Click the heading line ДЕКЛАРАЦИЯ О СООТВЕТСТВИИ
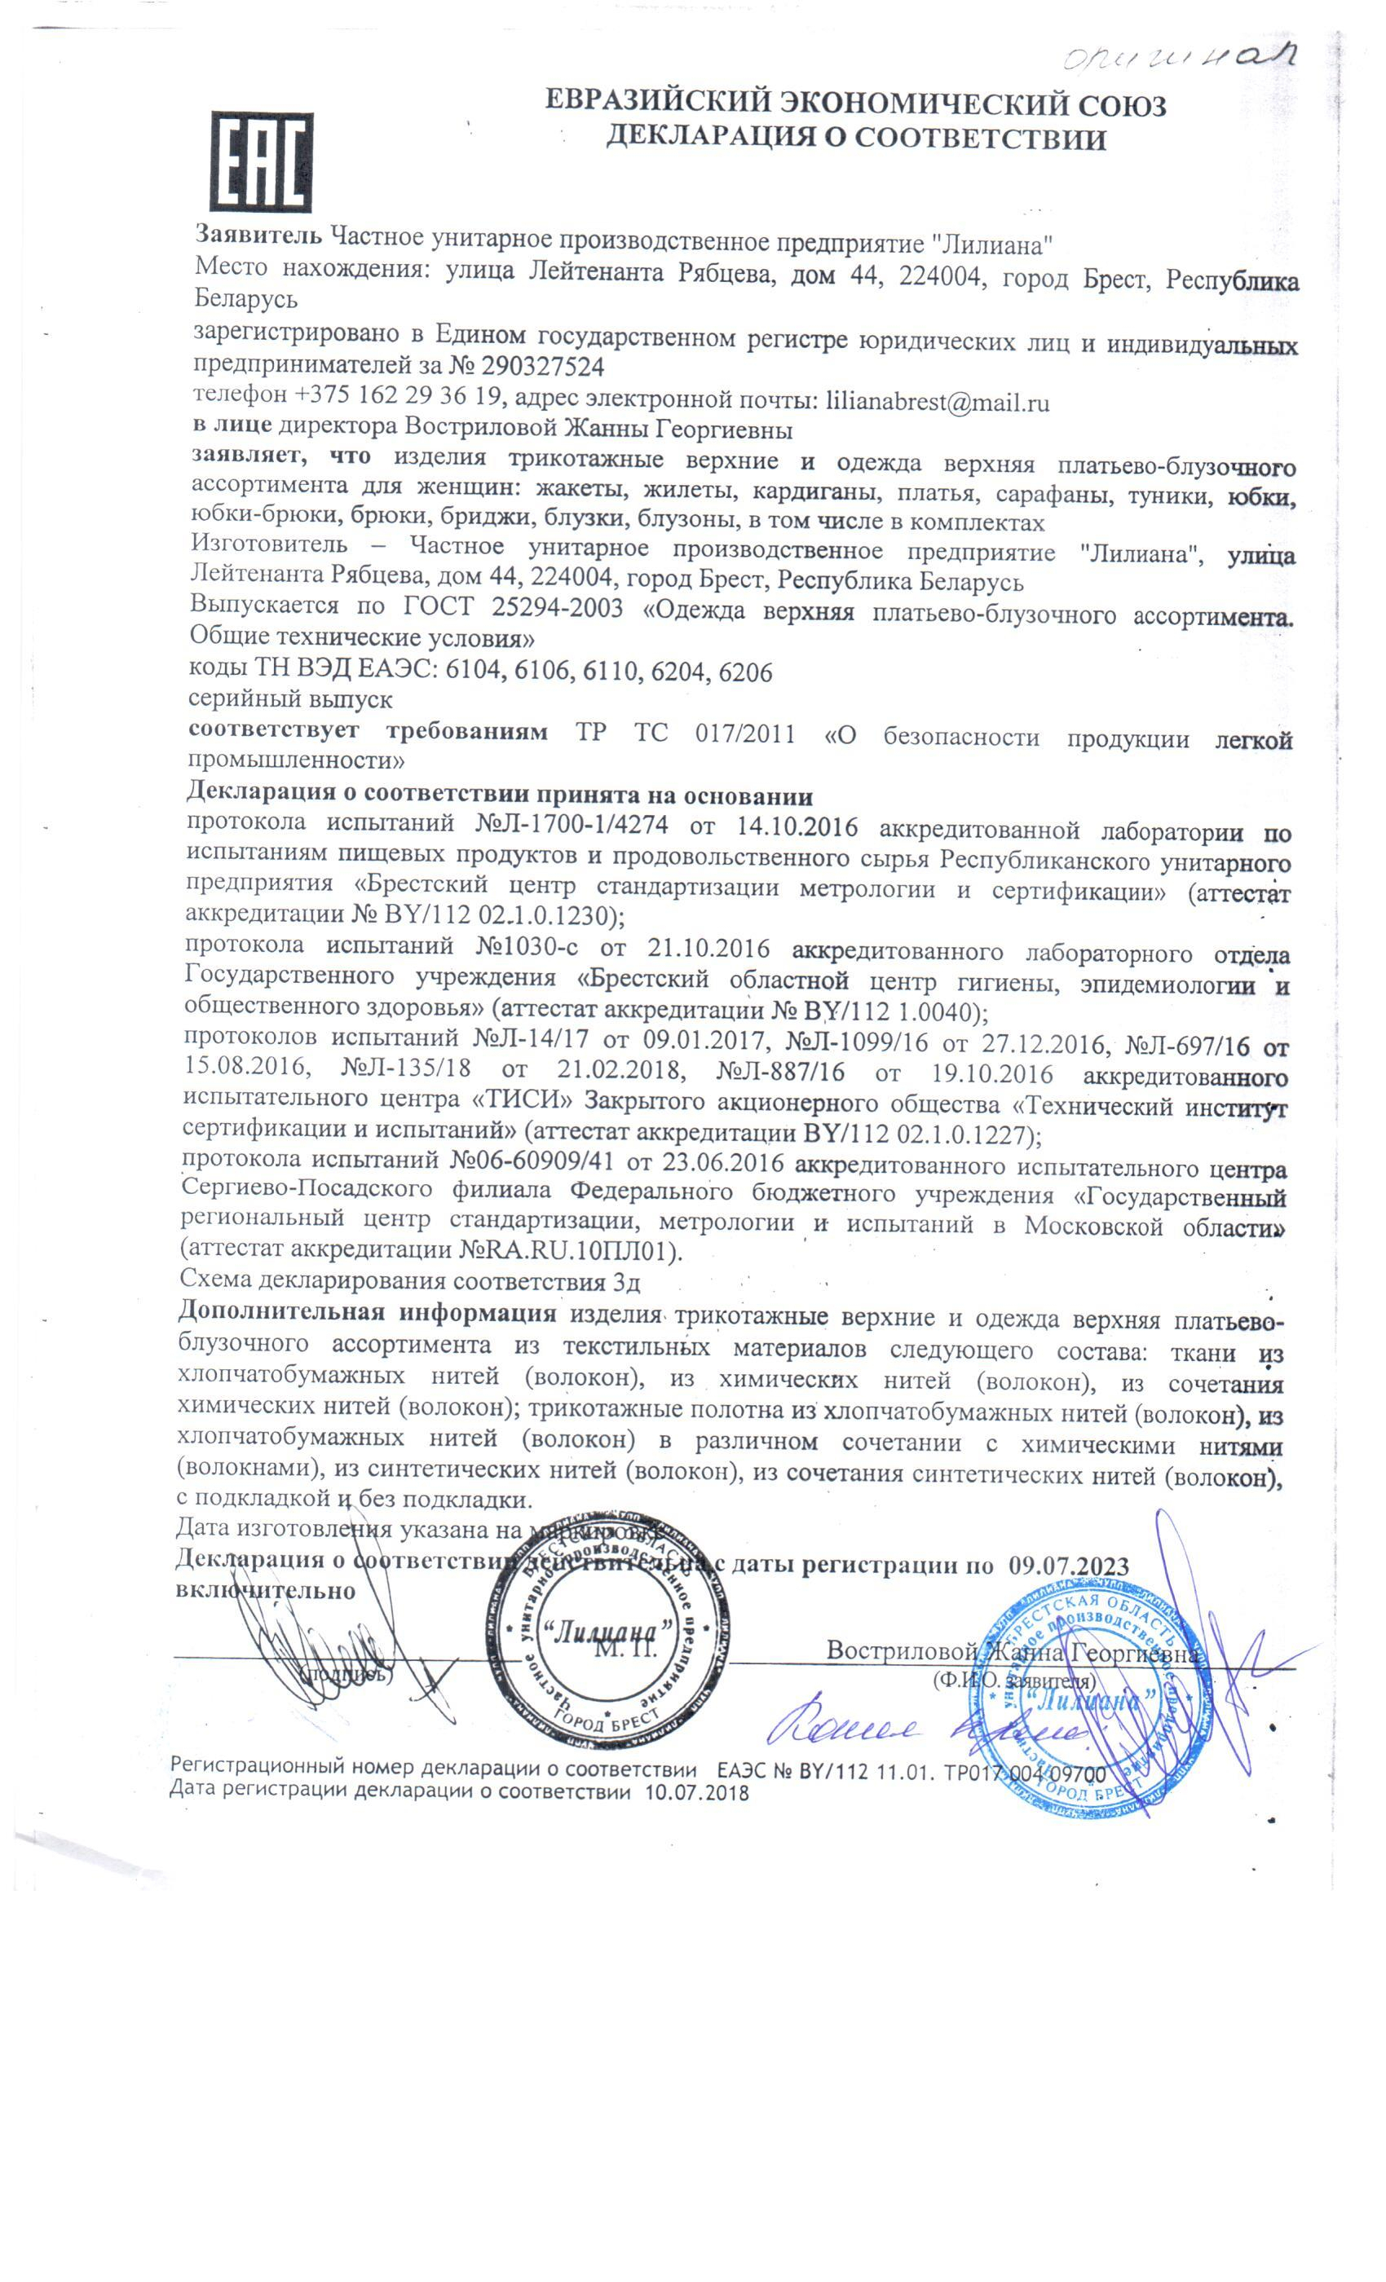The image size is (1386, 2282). tap(855, 139)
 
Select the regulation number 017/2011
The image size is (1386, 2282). tap(744, 733)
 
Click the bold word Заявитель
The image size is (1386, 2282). tap(258, 237)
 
